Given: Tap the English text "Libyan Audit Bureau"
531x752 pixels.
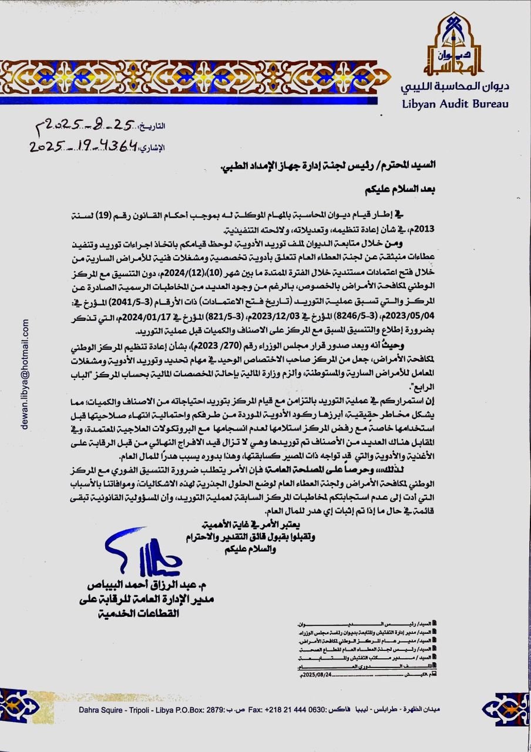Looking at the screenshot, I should (x=455, y=103).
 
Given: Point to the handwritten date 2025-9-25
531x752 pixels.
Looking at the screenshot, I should (x=91, y=124).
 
